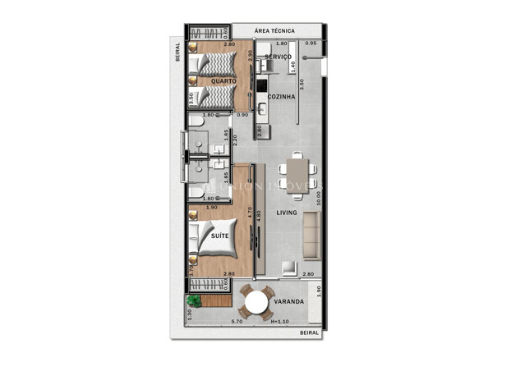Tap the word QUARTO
pos(223,81)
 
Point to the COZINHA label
pos(281,96)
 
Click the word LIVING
pos(287,213)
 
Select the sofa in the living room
pos(311,232)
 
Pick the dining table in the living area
pos(296,173)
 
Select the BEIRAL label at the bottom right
pos(310,333)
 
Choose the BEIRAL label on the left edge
pos(177,53)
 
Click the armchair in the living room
pos(289,268)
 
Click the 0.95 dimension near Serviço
pos(311,42)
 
